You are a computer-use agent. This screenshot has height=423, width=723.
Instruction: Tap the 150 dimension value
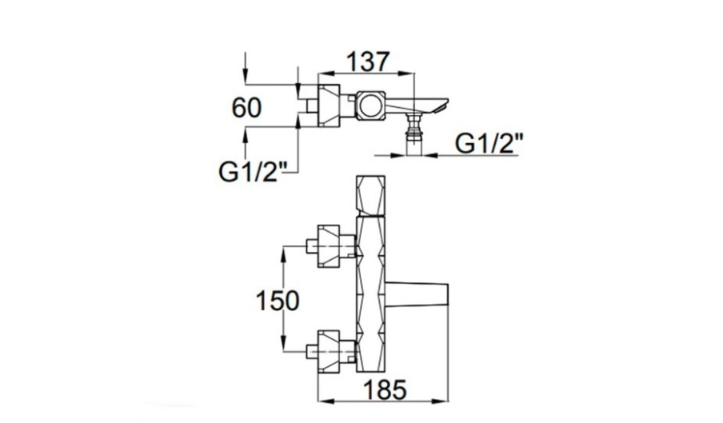pos(277,301)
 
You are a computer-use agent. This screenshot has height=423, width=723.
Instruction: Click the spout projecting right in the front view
pos(421,295)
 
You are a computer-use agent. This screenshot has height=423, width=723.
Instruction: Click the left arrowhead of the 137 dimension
pos(322,74)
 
